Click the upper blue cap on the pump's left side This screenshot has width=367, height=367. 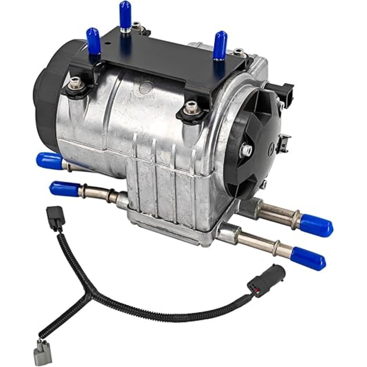pyautogui.click(x=49, y=161)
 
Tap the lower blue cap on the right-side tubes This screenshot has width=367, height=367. pyautogui.click(x=308, y=258)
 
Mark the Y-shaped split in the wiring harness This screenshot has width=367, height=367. pyautogui.click(x=88, y=298)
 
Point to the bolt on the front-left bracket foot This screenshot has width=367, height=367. pyautogui.click(x=77, y=83)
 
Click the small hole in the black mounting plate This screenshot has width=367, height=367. pyautogui.click(x=107, y=46)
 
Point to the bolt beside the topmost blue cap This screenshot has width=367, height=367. pyautogui.click(x=136, y=25)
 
